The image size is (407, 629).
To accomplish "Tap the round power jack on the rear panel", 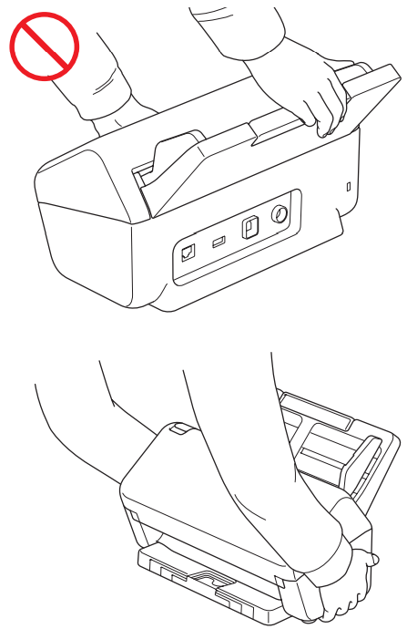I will coord(280,215).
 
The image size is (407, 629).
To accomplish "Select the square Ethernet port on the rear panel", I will coord(188,253).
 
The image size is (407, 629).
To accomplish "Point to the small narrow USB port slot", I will coord(217,242).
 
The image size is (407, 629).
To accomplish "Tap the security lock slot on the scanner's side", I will coord(348,187).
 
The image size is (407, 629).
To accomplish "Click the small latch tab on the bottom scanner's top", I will coord(179,428).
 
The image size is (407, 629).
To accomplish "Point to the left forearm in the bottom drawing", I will coord(82,428).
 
